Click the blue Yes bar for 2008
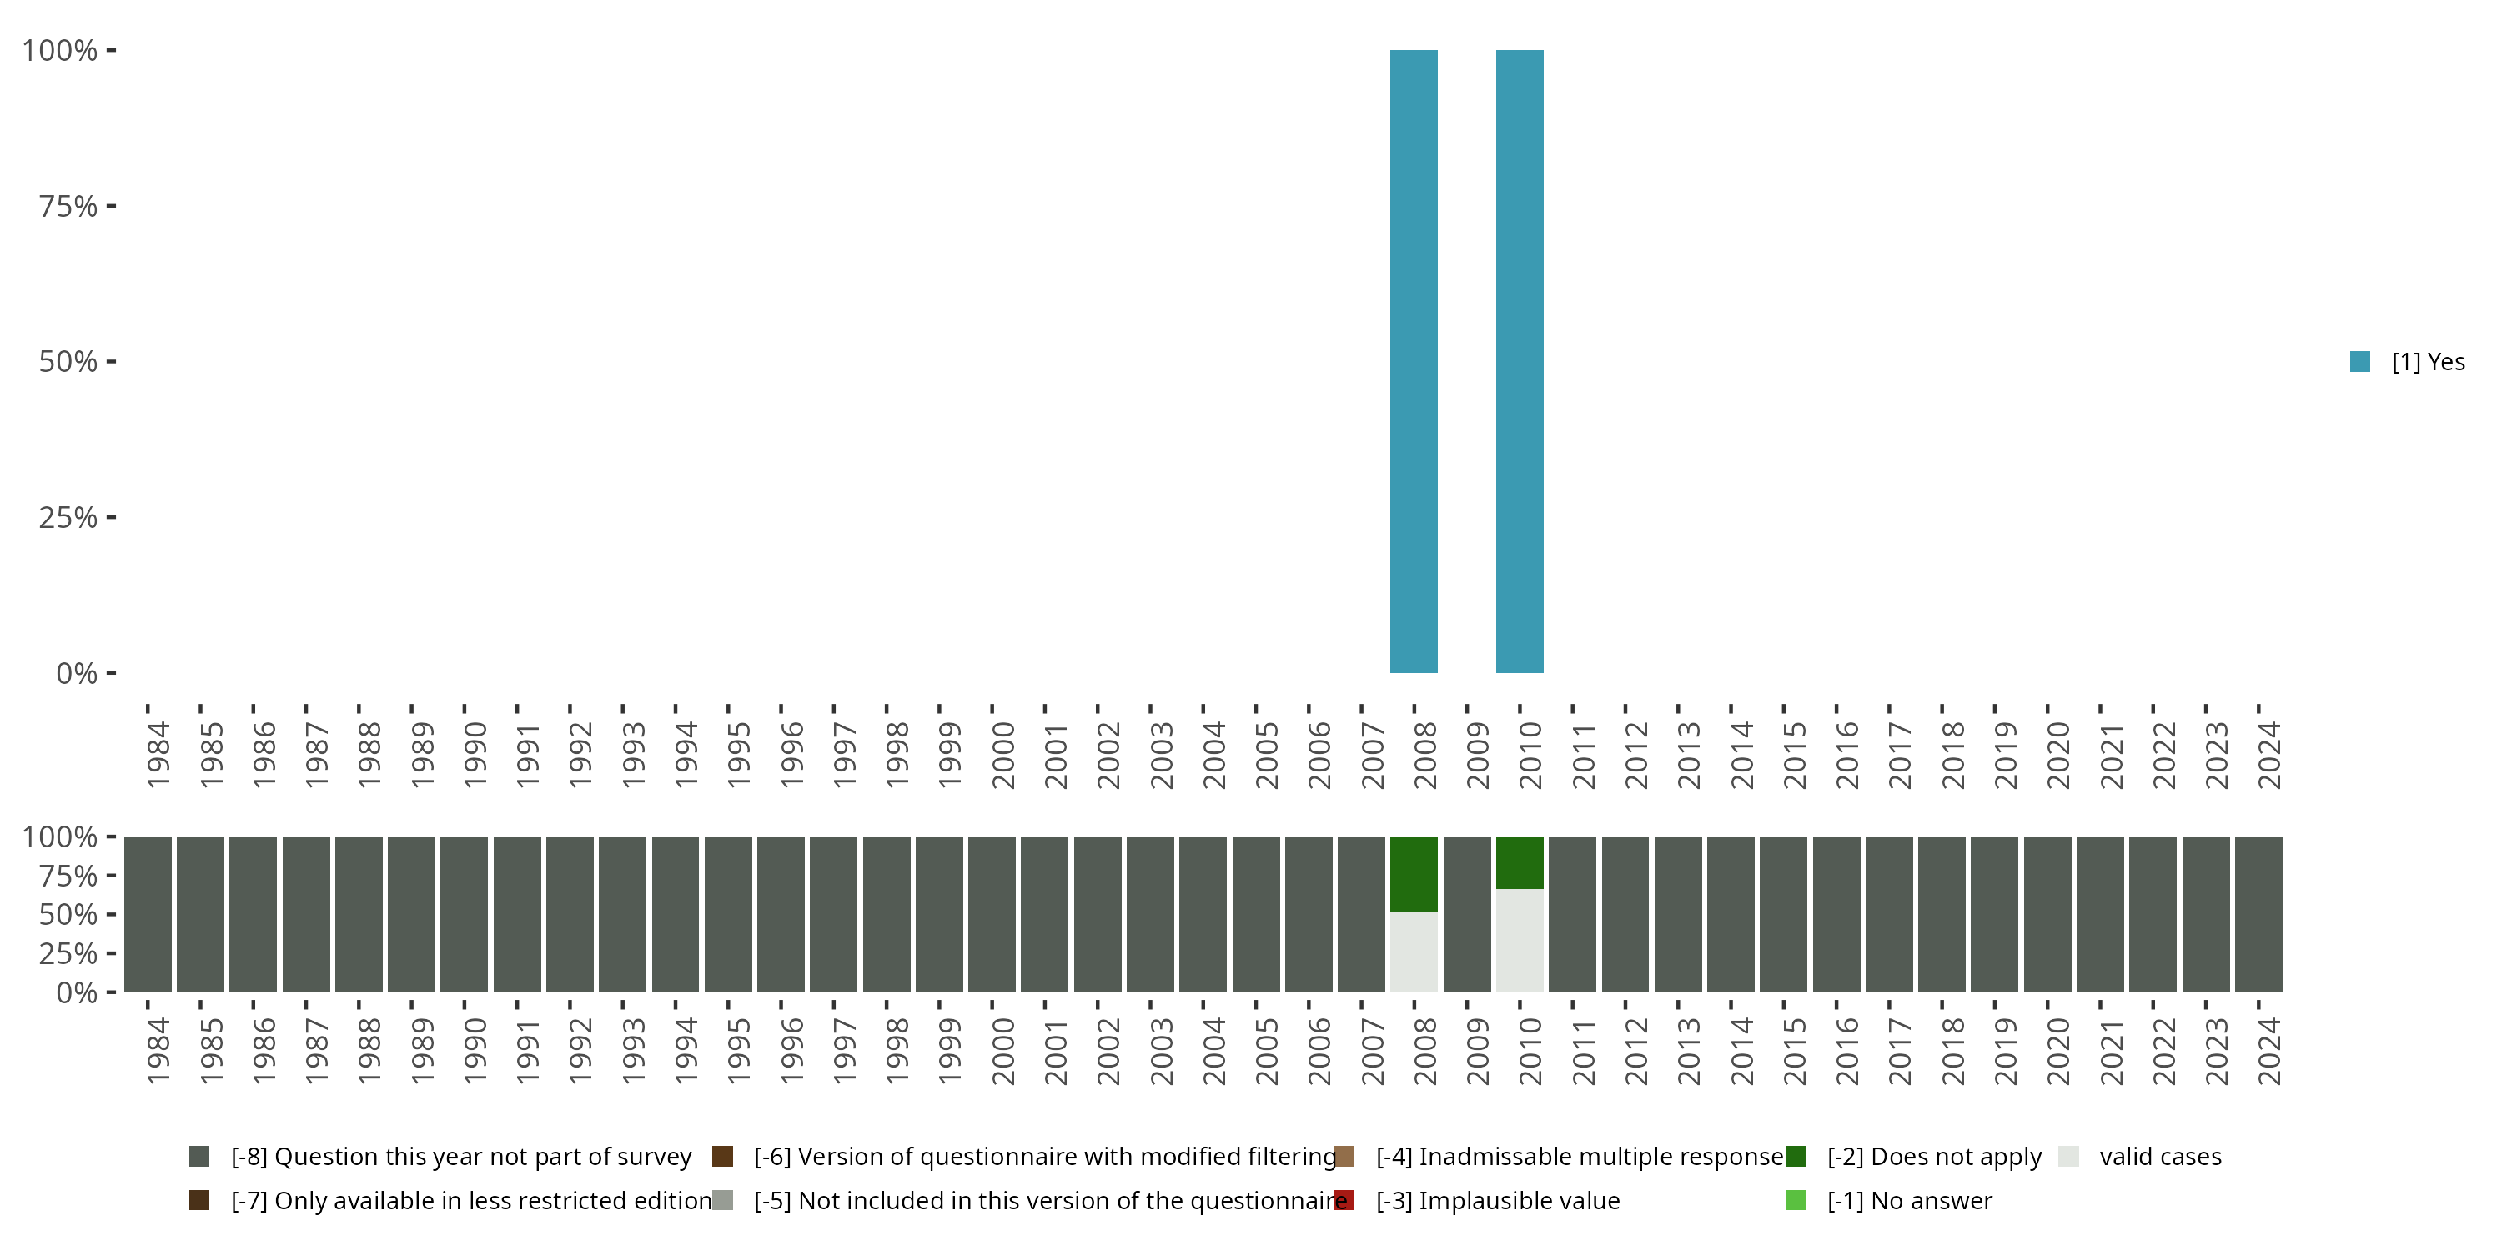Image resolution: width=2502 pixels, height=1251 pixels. pos(1413,361)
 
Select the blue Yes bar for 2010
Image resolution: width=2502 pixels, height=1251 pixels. pos(1519,361)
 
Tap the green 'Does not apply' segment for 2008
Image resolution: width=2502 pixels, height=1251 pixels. pos(1413,874)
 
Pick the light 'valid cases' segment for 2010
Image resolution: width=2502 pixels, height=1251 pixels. pos(1519,940)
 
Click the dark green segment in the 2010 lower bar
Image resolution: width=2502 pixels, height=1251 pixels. pos(1519,862)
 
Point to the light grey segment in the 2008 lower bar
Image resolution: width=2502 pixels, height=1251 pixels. pos(1413,952)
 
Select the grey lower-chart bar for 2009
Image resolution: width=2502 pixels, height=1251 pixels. pos(1467,914)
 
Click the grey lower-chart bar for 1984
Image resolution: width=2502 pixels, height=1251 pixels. pos(148,914)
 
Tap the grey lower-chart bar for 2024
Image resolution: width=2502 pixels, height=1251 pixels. pos(2258,914)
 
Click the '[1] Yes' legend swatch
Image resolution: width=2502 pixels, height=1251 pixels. pos(2360,361)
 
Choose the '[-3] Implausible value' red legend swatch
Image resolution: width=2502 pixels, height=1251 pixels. pos(1344,1200)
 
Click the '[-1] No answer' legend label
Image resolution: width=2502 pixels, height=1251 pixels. pos(1908,1200)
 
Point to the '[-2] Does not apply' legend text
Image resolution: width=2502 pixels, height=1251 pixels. pos(1934,1157)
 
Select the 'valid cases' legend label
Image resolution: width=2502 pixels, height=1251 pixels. pos(2160,1157)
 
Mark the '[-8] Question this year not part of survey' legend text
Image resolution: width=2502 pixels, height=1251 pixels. pos(461,1157)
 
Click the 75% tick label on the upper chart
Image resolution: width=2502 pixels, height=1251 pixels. pos(68,206)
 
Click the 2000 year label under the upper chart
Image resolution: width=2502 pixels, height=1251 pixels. pos(1002,755)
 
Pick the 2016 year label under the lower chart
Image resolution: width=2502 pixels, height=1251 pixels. pos(1846,1051)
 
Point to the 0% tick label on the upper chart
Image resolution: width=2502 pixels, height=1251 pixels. pos(77,673)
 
